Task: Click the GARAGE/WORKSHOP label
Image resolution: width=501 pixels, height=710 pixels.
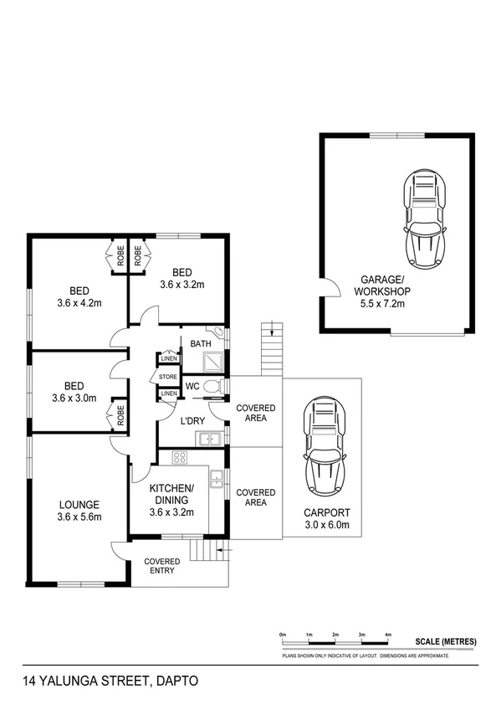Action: pos(382,285)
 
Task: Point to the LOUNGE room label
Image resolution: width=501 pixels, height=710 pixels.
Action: pos(79,505)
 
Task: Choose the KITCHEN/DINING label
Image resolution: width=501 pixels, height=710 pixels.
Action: pos(171,494)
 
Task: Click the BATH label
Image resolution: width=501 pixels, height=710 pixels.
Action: pos(201,344)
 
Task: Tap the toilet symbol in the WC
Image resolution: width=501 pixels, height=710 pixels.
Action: pos(214,385)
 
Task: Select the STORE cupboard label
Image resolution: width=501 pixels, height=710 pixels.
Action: pos(168,378)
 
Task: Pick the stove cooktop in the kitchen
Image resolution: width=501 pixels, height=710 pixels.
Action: pos(178,457)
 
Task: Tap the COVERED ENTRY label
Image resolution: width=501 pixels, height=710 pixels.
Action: pos(161,567)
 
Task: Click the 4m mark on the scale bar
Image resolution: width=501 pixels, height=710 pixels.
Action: pos(388,635)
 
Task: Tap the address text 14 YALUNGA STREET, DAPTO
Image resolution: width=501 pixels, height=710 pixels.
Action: pos(111,682)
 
